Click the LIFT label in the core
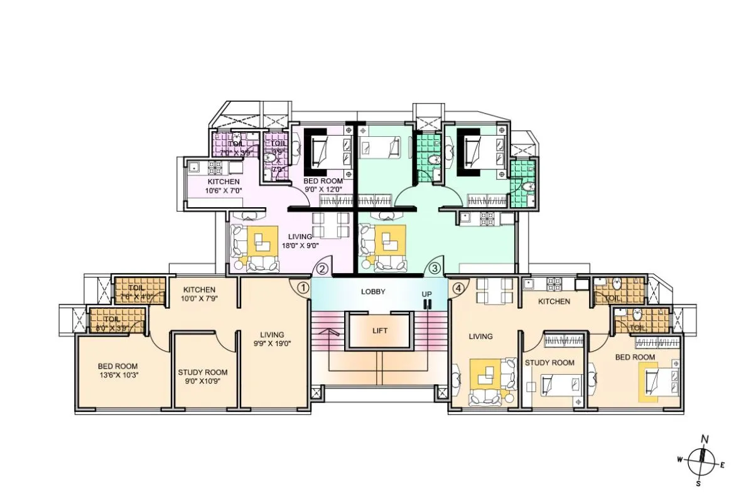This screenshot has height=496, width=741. pyautogui.click(x=379, y=330)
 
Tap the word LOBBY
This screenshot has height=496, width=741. pyautogui.click(x=373, y=292)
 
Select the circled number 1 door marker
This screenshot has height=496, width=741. pyautogui.click(x=302, y=288)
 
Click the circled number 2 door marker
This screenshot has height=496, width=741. pyautogui.click(x=322, y=269)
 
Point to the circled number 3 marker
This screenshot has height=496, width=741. pyautogui.click(x=435, y=269)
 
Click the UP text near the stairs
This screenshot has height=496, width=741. pyautogui.click(x=427, y=294)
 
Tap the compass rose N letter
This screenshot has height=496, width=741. pyautogui.click(x=705, y=439)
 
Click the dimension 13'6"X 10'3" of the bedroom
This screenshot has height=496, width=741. pyautogui.click(x=117, y=375)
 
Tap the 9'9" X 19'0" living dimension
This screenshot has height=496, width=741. pyautogui.click(x=272, y=343)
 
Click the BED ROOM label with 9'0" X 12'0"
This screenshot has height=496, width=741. pyautogui.click(x=323, y=181)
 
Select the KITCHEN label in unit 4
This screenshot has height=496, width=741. pyautogui.click(x=554, y=301)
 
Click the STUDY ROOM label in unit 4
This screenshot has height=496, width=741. pyautogui.click(x=549, y=362)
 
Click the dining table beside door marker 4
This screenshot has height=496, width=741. pyautogui.click(x=491, y=293)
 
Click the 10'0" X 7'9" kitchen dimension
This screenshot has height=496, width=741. pyautogui.click(x=200, y=298)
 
